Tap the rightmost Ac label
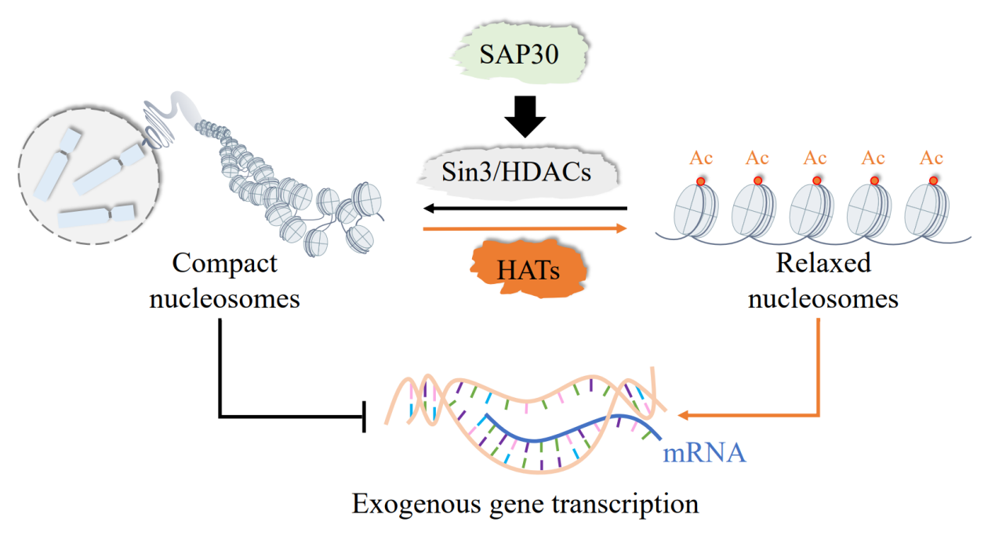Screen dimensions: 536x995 (x=931, y=158)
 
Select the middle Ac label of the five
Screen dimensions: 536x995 (x=815, y=158)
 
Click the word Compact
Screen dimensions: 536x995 (x=225, y=264)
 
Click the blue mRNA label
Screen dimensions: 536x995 (x=703, y=453)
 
